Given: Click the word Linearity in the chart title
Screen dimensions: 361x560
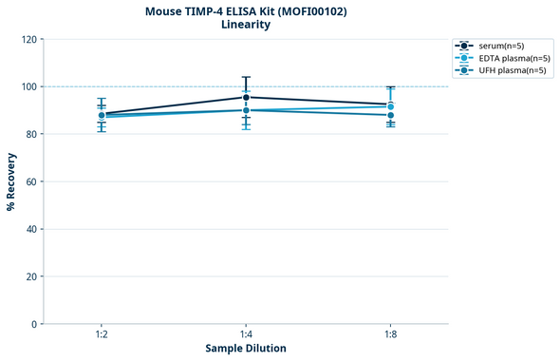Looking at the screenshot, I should (245, 25).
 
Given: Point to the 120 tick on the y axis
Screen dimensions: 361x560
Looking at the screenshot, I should (28, 39).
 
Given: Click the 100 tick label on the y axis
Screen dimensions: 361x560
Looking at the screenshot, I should (28, 86).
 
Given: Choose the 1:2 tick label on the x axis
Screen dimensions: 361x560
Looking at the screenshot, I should (102, 335).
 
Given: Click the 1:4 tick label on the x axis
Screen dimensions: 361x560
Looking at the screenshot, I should (246, 335).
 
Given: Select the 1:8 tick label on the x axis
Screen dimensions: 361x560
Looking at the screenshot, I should (390, 335).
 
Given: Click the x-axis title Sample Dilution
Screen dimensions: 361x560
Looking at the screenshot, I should (246, 349).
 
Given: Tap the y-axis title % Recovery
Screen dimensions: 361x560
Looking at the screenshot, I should (11, 180).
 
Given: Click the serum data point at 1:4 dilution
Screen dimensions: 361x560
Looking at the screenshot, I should (246, 97).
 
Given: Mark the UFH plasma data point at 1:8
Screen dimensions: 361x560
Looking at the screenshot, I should (390, 115).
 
